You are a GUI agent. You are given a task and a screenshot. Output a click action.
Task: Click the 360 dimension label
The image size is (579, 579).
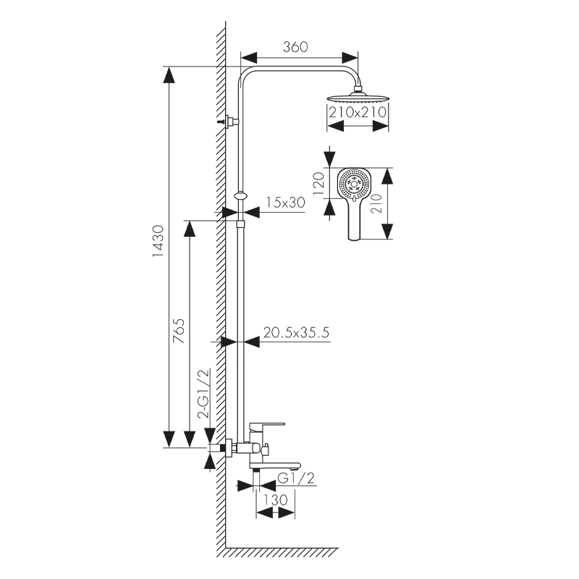click(295, 47)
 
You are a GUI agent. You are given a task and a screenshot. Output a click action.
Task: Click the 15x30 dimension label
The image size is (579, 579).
click(284, 203)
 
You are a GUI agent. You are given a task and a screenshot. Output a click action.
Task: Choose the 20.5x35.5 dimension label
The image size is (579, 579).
click(297, 333)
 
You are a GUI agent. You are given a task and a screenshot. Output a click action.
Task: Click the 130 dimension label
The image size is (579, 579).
click(276, 499)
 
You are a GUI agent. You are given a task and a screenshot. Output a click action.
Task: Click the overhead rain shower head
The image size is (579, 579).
click(358, 98)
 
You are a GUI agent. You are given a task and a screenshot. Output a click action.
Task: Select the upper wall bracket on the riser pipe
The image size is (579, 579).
click(230, 121)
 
